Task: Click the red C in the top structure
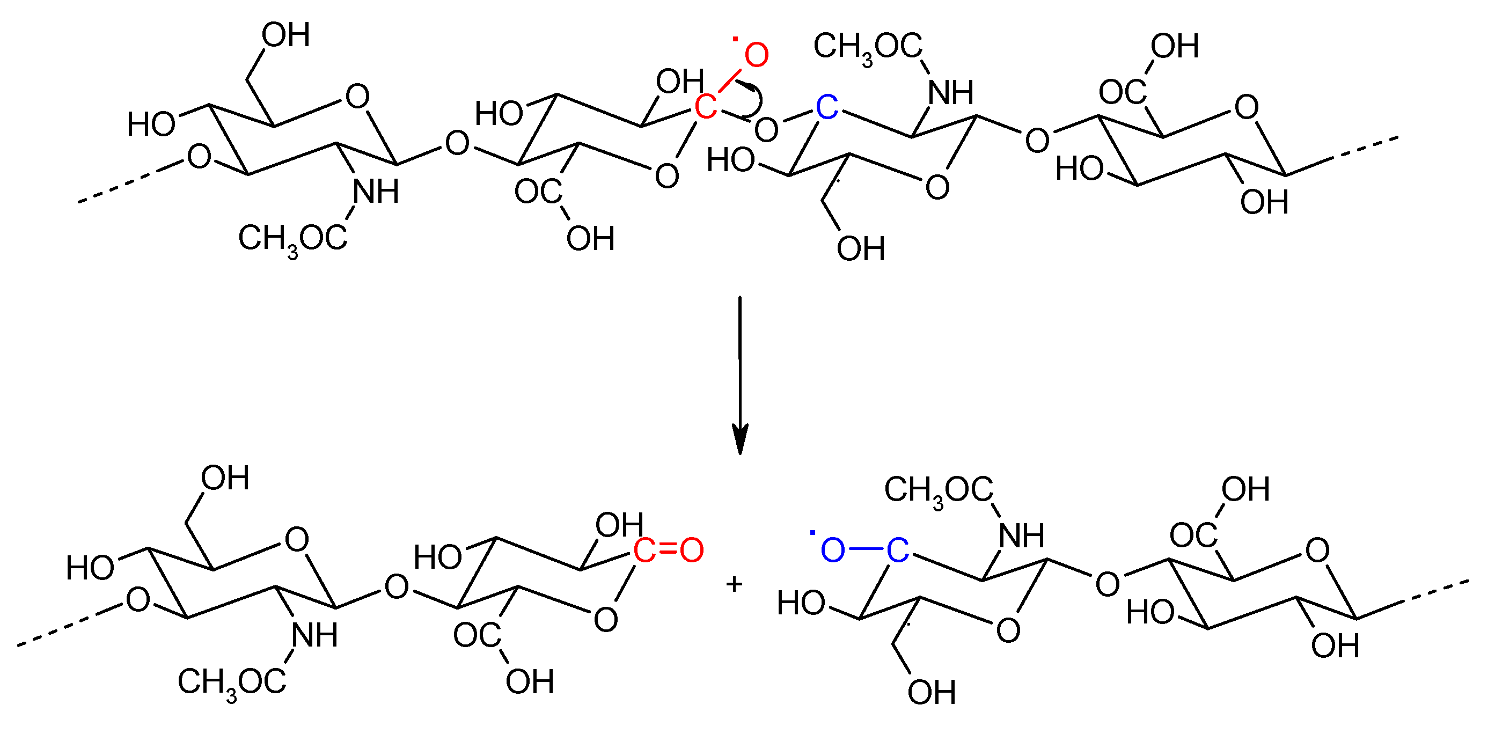click(x=705, y=107)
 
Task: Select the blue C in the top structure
click(x=826, y=107)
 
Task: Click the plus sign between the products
click(x=734, y=584)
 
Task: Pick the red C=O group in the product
click(x=668, y=550)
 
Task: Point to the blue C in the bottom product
click(x=897, y=550)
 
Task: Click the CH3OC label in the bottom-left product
click(x=232, y=682)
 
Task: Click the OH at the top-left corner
click(x=285, y=35)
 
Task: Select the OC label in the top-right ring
click(x=1122, y=92)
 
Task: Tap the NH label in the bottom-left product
click(x=314, y=635)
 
